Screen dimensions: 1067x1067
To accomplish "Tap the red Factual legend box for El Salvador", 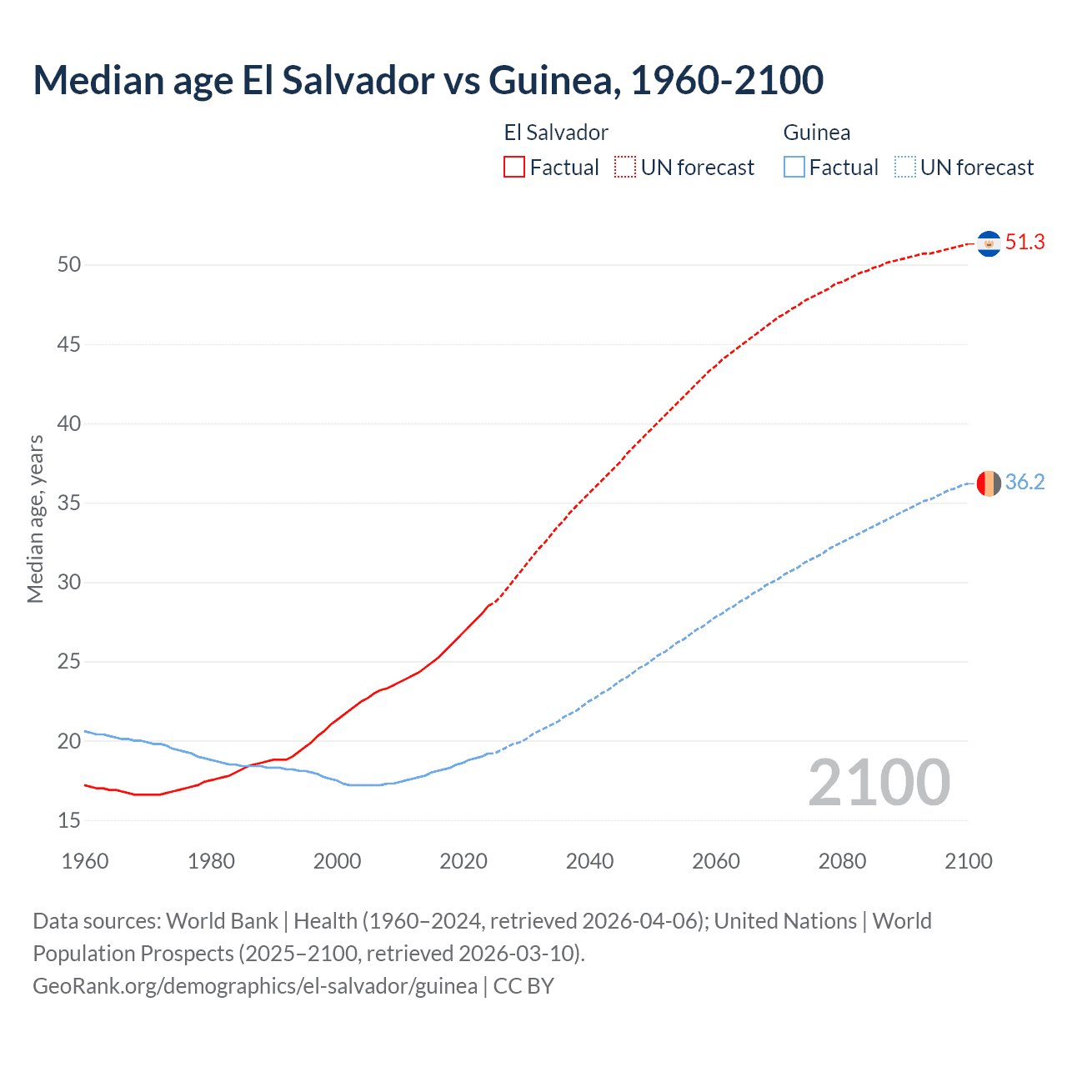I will [514, 167].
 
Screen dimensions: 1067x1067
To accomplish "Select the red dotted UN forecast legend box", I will [625, 167].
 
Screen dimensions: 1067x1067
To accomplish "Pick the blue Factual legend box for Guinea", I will [794, 167].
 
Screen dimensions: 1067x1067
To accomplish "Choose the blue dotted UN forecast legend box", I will [904, 167].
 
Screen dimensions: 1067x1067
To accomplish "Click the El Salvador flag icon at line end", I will [989, 243].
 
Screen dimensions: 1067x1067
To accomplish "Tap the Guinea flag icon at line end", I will [989, 483].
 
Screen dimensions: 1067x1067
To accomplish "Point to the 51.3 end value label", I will [1024, 243].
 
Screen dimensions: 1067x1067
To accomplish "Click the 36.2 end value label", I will [1024, 483].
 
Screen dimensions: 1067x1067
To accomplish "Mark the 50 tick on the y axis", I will [69, 265].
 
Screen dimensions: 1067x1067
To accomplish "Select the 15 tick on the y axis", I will [69, 821].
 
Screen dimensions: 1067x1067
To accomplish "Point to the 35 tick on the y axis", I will [69, 503].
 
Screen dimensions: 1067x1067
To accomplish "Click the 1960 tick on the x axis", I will [85, 861].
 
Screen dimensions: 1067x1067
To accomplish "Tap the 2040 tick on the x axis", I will [589, 861].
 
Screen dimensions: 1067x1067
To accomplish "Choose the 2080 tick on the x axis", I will [842, 861].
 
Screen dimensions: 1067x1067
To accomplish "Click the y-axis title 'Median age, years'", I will [35, 518].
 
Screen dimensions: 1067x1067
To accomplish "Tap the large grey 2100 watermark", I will [879, 782].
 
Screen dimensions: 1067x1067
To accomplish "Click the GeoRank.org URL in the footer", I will [255, 986].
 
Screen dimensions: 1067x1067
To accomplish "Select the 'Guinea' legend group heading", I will [817, 133].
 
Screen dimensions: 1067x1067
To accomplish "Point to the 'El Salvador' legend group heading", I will [556, 133].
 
